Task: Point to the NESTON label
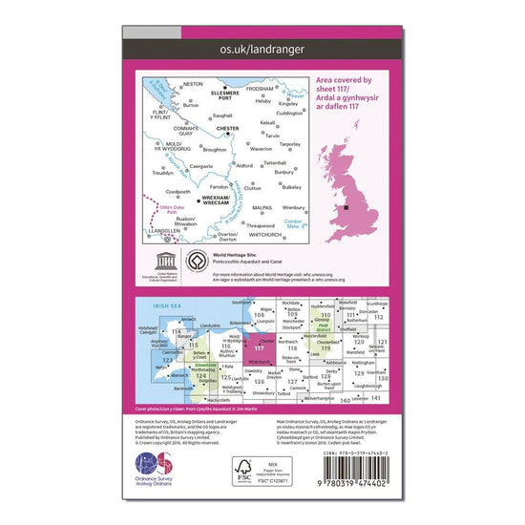click(x=192, y=84)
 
